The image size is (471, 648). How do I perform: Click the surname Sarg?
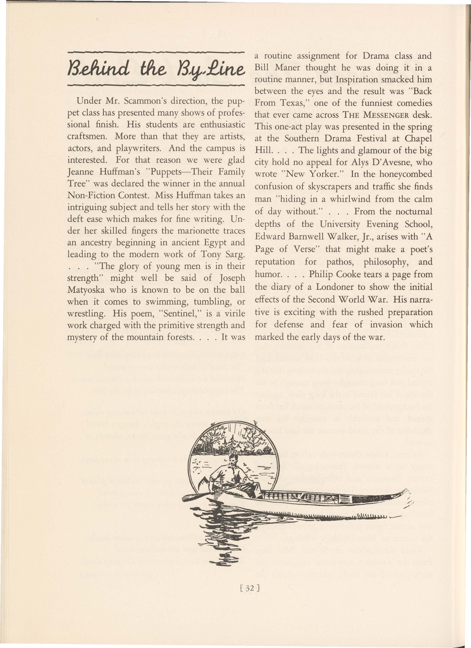click(234, 254)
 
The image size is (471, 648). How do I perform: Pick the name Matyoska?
click(86, 290)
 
